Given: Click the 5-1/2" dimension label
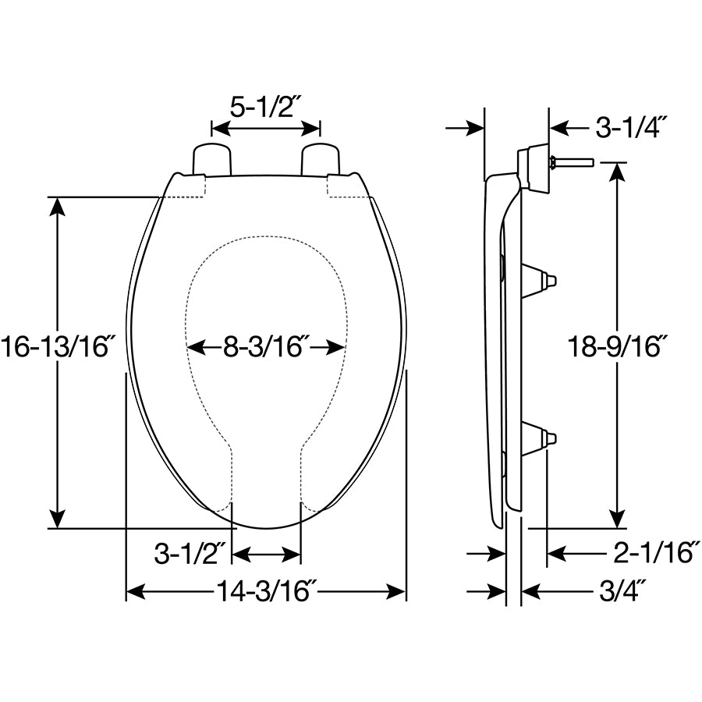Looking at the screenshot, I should pos(266,105).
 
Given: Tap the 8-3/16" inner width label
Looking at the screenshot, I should pos(267,346).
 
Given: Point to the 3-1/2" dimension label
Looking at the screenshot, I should pos(190,555).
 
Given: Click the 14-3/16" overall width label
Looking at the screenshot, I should pos(266,592).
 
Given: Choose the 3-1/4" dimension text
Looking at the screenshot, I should pos(628,127).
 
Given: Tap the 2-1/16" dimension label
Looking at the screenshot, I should pos(652,553).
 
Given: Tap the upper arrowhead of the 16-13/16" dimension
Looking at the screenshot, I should pos(57,205).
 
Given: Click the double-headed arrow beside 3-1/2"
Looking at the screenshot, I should pos(267,555).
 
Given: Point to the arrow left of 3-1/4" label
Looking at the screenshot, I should pos(563,127).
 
